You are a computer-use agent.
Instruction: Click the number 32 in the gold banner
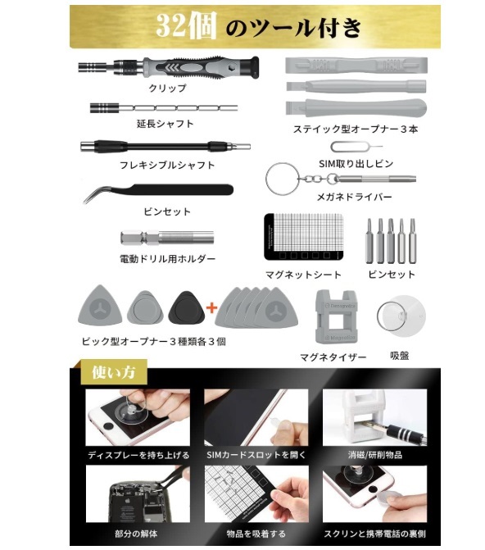[x=170, y=25]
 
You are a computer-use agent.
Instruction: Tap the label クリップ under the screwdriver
[x=167, y=88]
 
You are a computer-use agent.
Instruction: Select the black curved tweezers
[x=158, y=193]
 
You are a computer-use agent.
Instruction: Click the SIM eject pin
[x=356, y=147]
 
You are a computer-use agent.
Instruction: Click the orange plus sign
[x=212, y=308]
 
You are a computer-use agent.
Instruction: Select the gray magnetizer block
[x=336, y=316]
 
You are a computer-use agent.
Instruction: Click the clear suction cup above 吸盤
[x=401, y=316]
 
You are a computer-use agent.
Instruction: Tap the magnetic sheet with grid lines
[x=303, y=237]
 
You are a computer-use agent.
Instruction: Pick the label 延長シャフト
[x=165, y=124]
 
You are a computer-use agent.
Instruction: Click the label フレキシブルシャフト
[x=167, y=165]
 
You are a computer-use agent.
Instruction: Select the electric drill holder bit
[x=167, y=238]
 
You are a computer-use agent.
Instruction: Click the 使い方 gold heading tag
[x=114, y=372]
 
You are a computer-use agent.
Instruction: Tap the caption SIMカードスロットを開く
[x=256, y=455]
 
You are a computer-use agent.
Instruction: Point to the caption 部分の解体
[x=136, y=534]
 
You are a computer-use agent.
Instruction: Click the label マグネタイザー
[x=333, y=357]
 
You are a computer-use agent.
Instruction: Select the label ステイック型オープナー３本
[x=356, y=129]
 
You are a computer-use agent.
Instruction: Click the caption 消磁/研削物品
[x=375, y=455]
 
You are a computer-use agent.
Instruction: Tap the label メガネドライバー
[x=354, y=197]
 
